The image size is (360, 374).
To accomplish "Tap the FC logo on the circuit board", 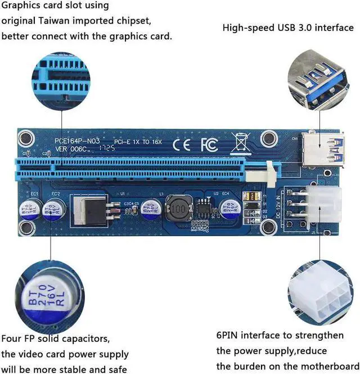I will pyautogui.click(x=210, y=145).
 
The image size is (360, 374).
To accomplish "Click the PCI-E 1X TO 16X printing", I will pyautogui.click(x=138, y=142).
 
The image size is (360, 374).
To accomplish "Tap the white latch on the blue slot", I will pyautogui.click(x=271, y=168).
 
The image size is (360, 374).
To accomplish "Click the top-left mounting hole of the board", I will pyautogui.click(x=25, y=138).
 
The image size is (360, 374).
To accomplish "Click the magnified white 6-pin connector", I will pyautogui.click(x=320, y=295).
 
